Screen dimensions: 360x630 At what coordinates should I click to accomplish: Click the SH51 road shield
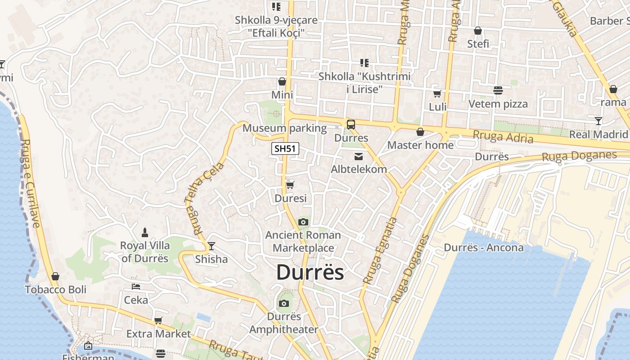pos(285,149)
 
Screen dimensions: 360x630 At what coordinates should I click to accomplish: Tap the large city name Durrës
pos(310,272)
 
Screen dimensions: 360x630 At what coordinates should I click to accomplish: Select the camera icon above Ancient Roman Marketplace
pos(303,222)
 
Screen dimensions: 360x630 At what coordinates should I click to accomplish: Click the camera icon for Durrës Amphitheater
pos(283,303)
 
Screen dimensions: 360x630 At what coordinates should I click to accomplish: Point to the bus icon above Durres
pos(351,125)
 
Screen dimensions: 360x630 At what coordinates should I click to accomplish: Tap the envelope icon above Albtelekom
pos(359,157)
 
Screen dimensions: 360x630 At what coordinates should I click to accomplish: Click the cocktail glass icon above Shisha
pos(211,246)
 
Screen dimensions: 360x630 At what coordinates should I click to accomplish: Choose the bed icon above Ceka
pos(136,287)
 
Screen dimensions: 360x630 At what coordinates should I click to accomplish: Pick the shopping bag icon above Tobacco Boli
pos(55,276)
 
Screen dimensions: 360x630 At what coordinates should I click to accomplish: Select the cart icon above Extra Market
pos(158,321)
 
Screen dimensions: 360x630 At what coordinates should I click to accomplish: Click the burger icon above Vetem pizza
pos(498,90)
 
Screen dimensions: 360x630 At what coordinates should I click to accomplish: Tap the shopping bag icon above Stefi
pos(478,31)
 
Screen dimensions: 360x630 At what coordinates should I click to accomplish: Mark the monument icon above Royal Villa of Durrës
pos(145,232)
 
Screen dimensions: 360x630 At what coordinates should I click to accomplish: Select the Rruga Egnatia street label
pos(380,250)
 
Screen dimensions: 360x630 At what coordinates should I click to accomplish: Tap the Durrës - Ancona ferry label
pos(484,247)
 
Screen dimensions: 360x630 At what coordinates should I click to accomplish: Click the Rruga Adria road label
pos(503,136)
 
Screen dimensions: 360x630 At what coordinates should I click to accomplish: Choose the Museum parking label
pos(284,128)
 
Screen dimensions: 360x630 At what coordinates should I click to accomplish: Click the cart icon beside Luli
pos(437,94)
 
